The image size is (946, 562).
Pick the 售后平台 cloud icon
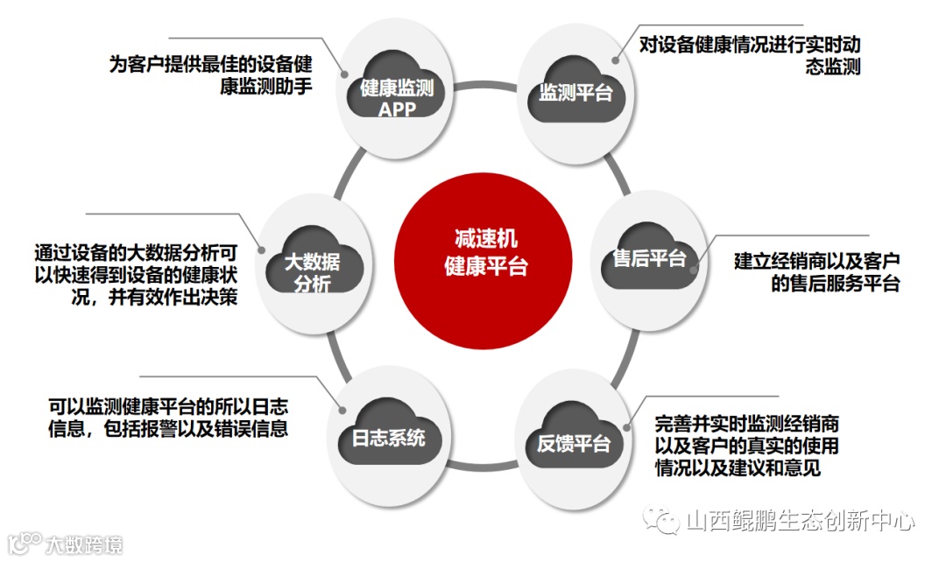(x=648, y=258)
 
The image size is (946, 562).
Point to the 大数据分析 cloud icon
(x=315, y=263)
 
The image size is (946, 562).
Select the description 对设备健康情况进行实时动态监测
(x=749, y=55)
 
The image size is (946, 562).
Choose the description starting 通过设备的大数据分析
(x=136, y=274)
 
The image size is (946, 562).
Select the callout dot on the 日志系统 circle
(x=339, y=405)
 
